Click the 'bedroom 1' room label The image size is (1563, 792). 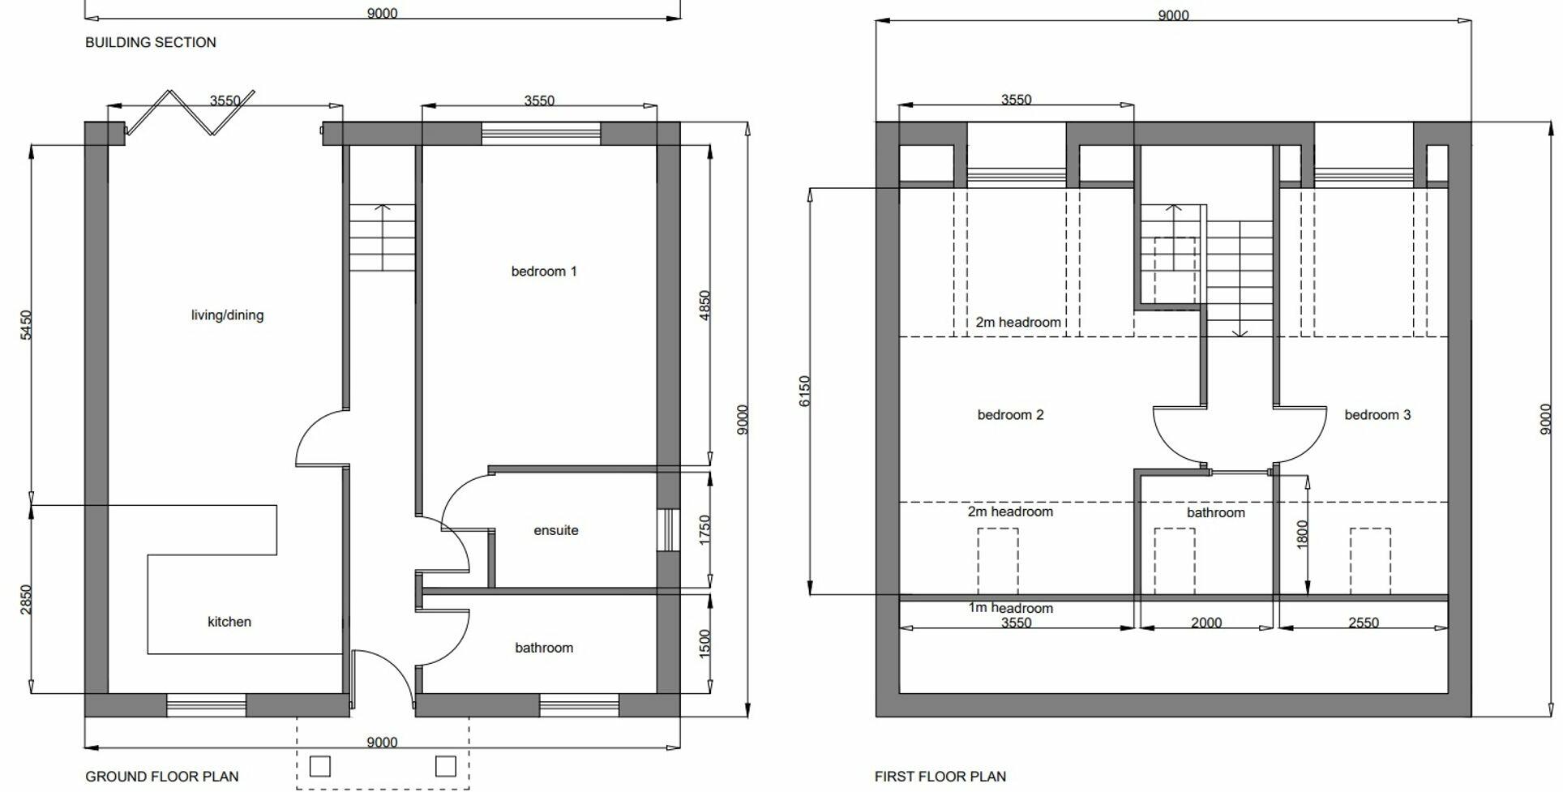tap(543, 272)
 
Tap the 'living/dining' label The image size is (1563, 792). tap(227, 315)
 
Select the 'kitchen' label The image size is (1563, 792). tap(229, 622)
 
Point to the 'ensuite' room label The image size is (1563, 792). tap(556, 530)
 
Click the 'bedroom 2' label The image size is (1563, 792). tap(1010, 415)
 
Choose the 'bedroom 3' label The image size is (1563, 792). tap(1377, 415)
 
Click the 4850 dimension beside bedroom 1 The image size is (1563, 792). tap(704, 306)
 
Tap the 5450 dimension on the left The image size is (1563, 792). tap(26, 324)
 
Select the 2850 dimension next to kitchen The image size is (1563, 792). tap(26, 599)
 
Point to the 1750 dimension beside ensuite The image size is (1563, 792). tap(704, 529)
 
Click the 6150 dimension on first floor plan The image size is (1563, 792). tap(804, 391)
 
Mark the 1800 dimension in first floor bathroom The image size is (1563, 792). tap(1302, 534)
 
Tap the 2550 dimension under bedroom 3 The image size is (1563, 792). tap(1363, 623)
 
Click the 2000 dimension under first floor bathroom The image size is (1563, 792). tap(1206, 623)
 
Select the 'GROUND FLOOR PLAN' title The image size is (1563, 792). tap(162, 777)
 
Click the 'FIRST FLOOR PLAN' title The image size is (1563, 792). tap(940, 777)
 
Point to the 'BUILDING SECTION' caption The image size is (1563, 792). tap(151, 42)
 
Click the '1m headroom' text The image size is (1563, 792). tap(1010, 608)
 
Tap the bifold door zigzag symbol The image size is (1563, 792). tap(191, 112)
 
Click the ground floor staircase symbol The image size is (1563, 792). tap(382, 238)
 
